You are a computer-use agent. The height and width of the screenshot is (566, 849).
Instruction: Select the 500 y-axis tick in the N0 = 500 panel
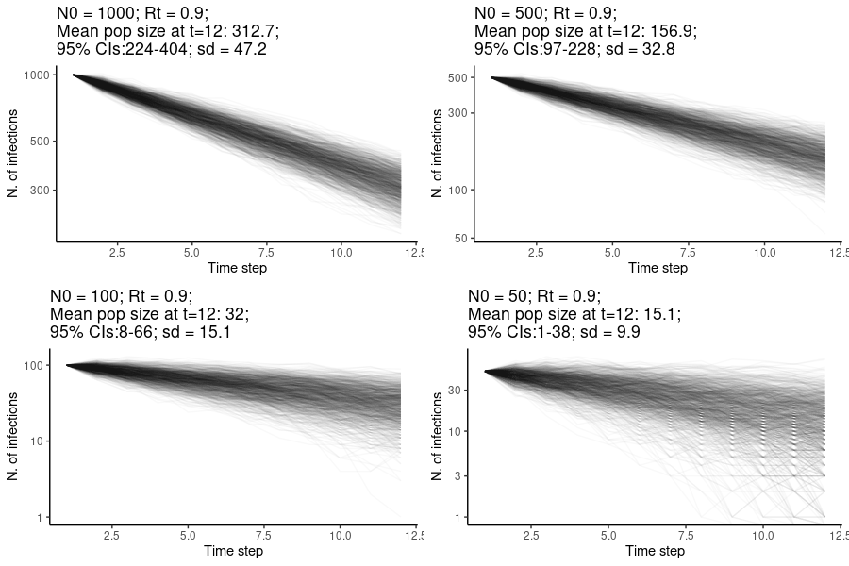point(459,78)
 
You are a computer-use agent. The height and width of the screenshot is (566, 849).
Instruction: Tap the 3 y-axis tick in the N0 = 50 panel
point(459,475)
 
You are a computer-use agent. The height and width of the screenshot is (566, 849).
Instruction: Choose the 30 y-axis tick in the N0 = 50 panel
point(457,390)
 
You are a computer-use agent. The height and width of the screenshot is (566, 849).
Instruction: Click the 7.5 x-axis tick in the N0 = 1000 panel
point(266,253)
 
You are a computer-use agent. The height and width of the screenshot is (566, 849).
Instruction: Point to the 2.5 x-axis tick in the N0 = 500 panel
point(536,253)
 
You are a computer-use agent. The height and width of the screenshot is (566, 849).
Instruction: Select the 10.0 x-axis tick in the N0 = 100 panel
point(341,536)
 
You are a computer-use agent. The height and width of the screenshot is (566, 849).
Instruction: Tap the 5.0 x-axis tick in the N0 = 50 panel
point(612,536)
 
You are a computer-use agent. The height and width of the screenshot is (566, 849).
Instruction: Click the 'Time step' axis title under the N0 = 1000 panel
point(237,268)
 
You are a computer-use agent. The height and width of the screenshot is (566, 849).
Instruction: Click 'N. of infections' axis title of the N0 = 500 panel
point(437,153)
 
